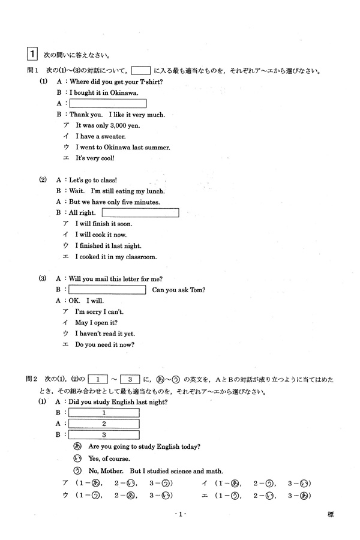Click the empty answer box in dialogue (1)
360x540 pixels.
pyautogui.click(x=108, y=103)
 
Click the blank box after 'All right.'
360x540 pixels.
pyautogui.click(x=140, y=212)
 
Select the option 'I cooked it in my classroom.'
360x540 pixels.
pyautogui.click(x=116, y=257)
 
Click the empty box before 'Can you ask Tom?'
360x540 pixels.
pyautogui.click(x=107, y=290)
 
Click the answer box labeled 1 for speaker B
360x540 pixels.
pyautogui.click(x=104, y=413)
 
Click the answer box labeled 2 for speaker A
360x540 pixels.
pyautogui.click(x=104, y=424)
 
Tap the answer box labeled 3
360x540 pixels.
pyautogui.click(x=104, y=435)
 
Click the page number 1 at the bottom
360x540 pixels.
pyautogui.click(x=180, y=515)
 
